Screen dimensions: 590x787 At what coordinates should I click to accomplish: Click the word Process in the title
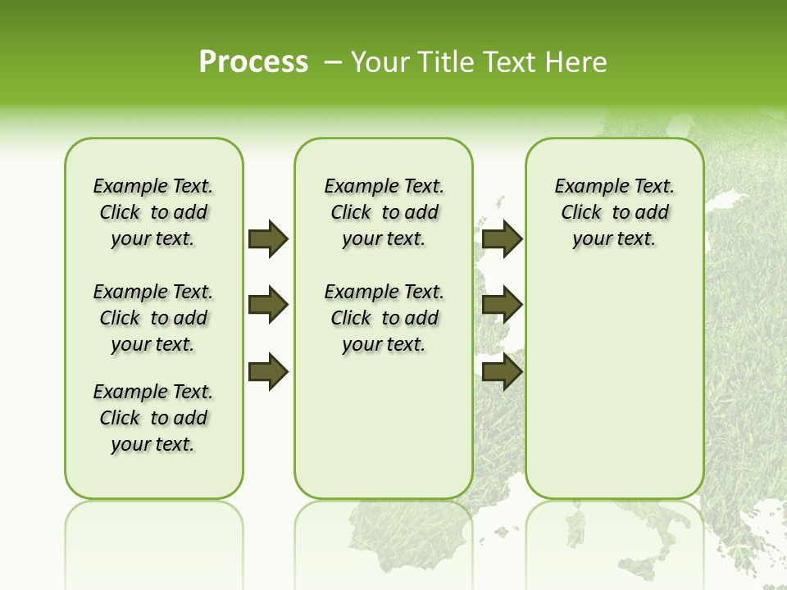click(253, 61)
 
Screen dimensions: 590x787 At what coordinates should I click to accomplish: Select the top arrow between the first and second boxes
click(268, 238)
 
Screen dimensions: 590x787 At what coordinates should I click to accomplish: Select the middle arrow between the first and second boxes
click(268, 305)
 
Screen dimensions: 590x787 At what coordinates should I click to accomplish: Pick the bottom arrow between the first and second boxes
click(268, 372)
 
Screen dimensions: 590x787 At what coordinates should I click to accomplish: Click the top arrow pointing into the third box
click(502, 238)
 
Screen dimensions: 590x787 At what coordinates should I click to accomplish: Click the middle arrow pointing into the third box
click(502, 305)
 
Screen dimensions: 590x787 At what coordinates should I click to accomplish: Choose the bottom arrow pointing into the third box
click(502, 372)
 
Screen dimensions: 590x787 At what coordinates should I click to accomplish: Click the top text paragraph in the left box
click(153, 212)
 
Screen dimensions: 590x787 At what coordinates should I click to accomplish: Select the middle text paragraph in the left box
click(153, 318)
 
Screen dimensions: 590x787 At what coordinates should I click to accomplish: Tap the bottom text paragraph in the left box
click(153, 418)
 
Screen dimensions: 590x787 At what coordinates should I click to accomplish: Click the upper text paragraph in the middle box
click(384, 212)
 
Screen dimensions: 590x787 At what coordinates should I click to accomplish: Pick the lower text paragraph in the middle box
click(384, 318)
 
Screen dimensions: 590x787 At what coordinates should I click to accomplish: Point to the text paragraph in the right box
click(614, 212)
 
